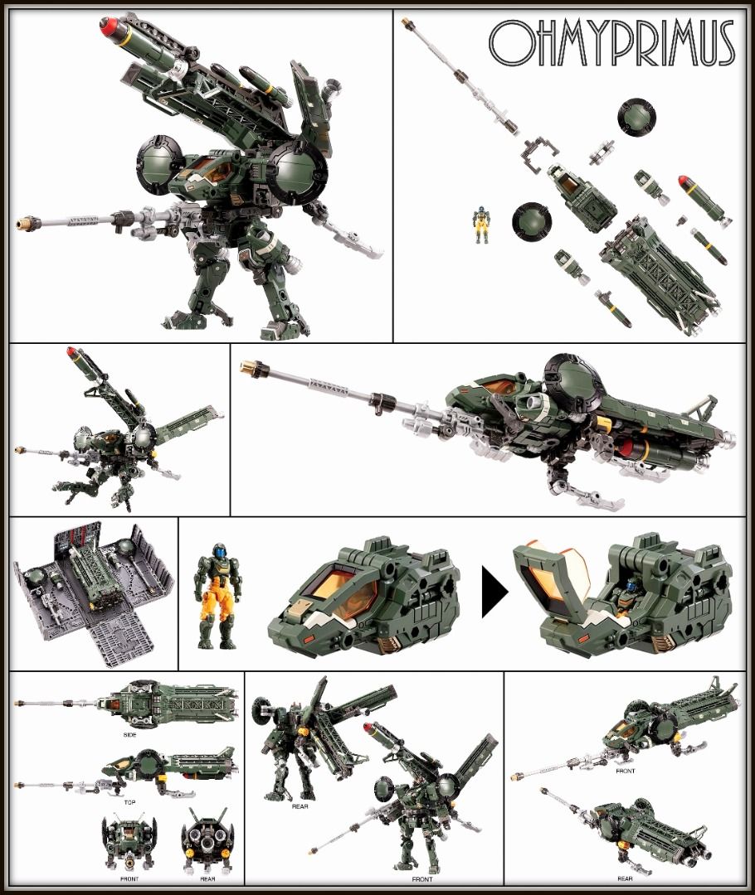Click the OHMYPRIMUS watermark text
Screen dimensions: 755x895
(611, 43)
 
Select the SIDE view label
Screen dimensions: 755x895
(129, 734)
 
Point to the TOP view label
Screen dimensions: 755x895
(129, 802)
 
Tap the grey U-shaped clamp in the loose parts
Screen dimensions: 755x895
(539, 155)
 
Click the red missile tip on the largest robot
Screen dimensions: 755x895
(109, 24)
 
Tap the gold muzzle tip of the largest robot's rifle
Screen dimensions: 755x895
(24, 221)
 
